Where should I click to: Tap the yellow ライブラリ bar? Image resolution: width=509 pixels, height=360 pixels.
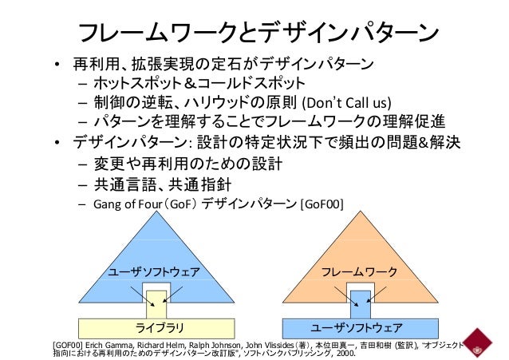point(159,327)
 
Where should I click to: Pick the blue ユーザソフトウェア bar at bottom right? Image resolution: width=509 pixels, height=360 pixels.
point(357,327)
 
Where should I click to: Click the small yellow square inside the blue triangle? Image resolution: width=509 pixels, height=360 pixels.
point(156,303)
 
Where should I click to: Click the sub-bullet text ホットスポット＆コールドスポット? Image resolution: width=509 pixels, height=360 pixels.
point(198,84)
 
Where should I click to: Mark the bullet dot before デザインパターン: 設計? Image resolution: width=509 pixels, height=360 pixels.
point(57,144)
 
